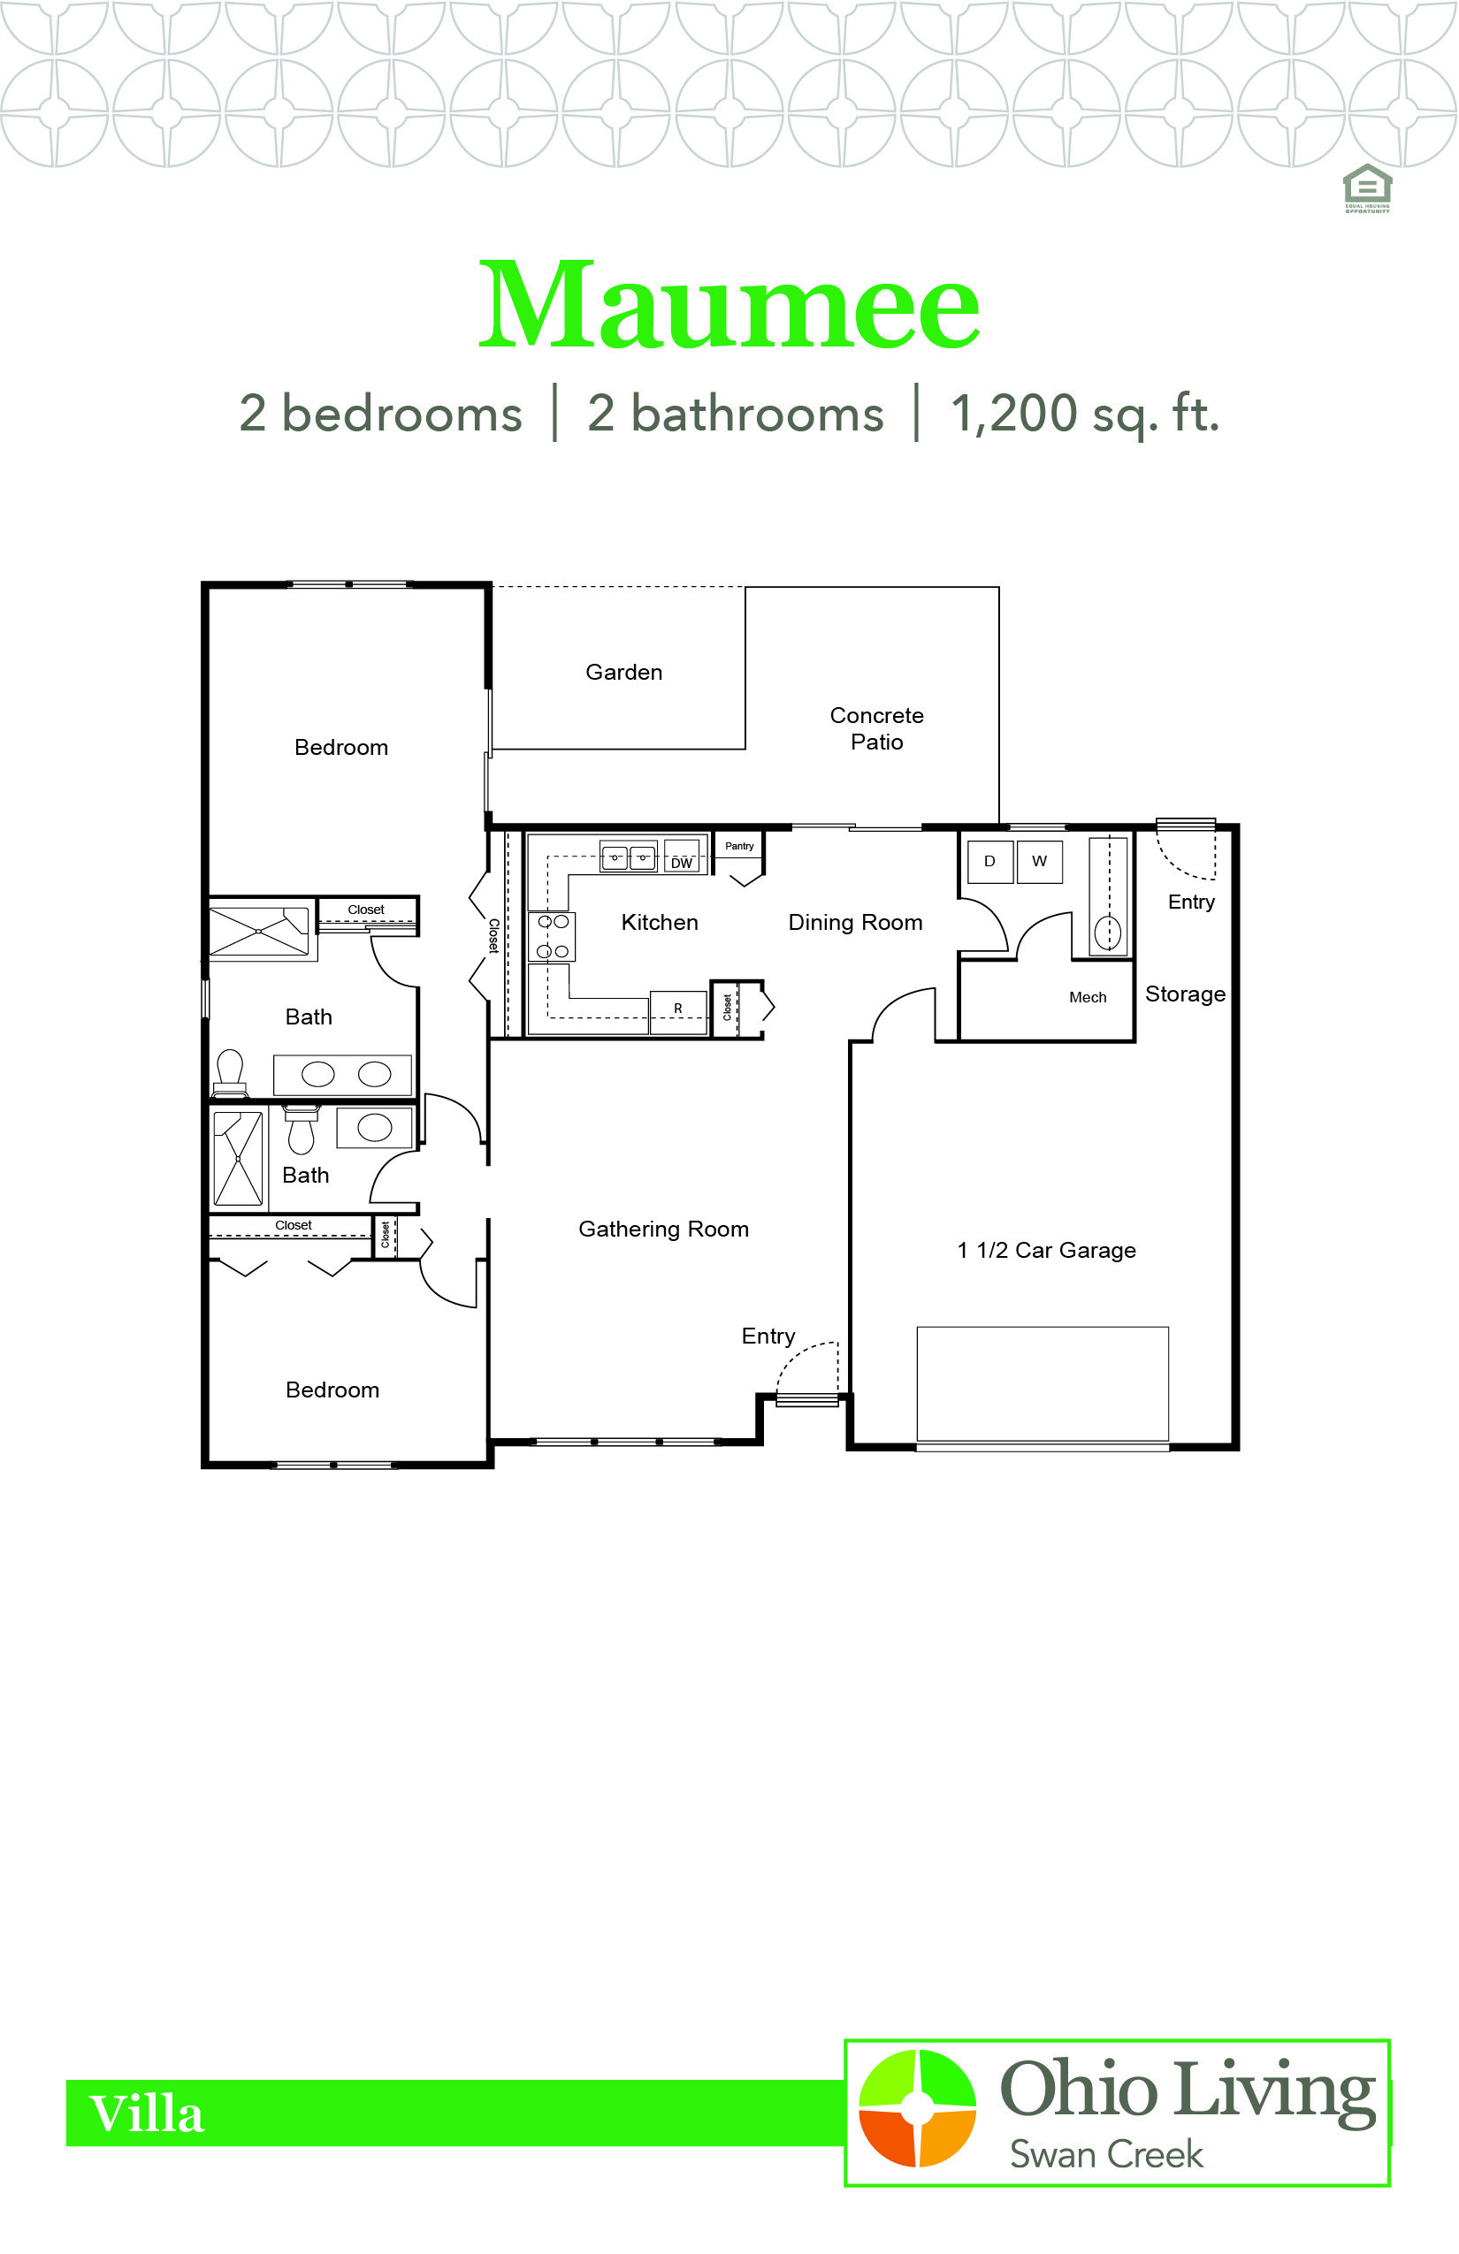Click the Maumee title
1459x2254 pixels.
729,305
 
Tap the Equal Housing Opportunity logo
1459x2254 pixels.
1367,188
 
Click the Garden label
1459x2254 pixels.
623,673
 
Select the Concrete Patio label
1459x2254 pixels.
876,728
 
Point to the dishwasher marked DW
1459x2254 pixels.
682,856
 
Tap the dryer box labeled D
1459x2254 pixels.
990,861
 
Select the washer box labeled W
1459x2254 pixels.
1039,861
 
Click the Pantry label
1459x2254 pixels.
739,846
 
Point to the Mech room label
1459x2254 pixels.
1088,997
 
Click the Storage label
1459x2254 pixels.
1185,994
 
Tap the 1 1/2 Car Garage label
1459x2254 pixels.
1046,1250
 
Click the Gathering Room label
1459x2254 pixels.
663,1230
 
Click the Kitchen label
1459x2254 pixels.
660,923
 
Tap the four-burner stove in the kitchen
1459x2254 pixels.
552,937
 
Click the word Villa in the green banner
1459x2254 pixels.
147,2113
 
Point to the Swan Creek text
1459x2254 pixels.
1105,2155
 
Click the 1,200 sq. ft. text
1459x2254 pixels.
1085,414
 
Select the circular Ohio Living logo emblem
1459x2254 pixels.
916,2108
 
